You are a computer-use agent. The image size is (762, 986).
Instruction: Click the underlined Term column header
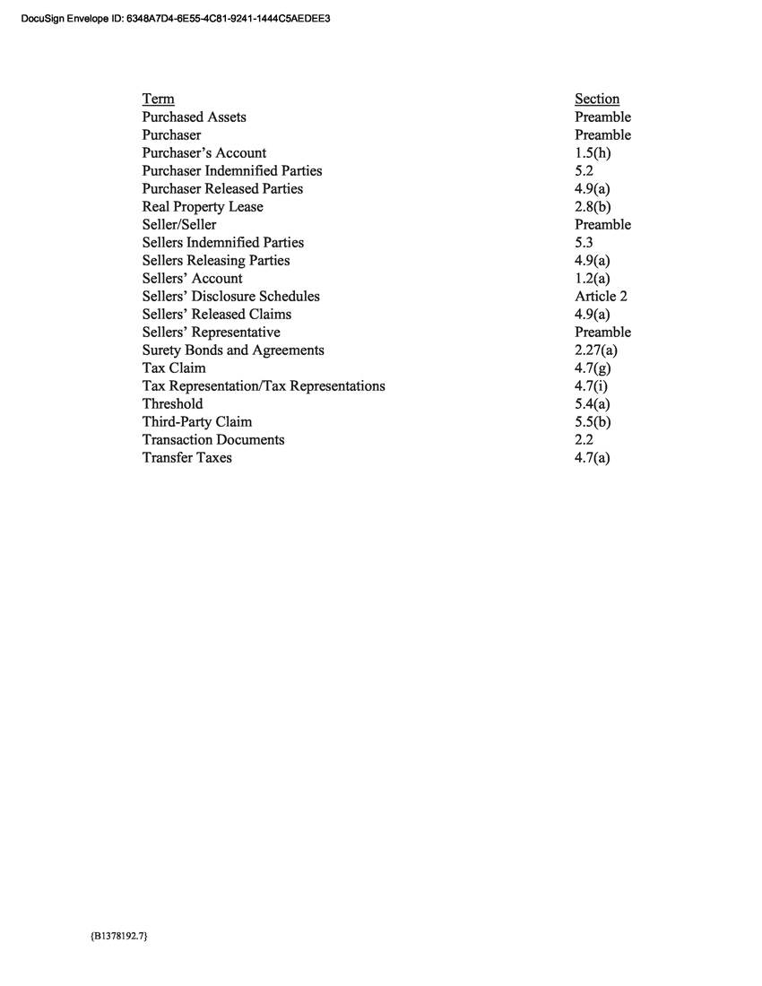pos(158,99)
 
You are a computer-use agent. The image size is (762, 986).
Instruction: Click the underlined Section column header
pos(597,99)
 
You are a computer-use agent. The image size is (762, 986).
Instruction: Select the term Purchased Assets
pos(194,117)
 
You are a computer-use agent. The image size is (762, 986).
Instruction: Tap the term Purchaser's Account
pos(203,152)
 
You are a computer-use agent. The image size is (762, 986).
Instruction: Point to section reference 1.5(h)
pos(593,152)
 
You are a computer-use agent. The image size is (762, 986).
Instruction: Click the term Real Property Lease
pos(203,206)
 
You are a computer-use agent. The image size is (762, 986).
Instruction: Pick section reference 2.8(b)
pos(593,206)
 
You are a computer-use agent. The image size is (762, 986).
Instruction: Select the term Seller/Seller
pos(178,224)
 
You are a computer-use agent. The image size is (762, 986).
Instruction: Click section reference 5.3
pos(584,242)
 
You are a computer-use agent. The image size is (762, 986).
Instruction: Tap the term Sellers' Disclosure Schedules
pos(230,296)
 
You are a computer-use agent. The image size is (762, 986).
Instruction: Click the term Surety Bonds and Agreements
pos(233,350)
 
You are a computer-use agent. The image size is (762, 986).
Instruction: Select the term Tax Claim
pos(173,368)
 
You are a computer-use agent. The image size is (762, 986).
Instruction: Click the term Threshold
pos(172,403)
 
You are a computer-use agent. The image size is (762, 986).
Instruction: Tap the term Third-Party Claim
pos(196,421)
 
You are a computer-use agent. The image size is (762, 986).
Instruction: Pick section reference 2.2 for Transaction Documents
pos(584,439)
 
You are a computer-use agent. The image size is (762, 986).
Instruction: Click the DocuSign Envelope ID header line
pos(174,17)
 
